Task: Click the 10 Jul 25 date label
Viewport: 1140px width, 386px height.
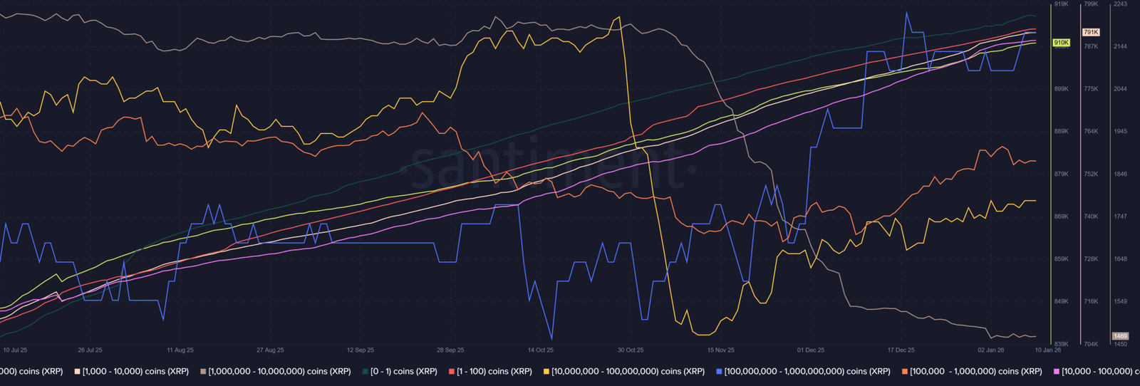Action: coord(15,350)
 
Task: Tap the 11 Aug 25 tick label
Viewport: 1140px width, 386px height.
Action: coord(180,350)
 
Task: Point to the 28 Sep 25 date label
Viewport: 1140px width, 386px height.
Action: coord(450,350)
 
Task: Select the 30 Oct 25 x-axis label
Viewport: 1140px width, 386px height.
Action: coord(631,350)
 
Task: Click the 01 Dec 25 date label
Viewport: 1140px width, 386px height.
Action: coord(811,350)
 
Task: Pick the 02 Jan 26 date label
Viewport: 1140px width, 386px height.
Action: coord(991,350)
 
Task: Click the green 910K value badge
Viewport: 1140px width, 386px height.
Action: coord(1061,43)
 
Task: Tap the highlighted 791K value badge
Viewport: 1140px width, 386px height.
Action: coord(1091,32)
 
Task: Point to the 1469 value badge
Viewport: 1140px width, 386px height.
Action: coord(1120,336)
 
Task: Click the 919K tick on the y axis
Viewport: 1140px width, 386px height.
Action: coord(1061,4)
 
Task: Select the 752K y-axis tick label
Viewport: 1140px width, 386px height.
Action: coord(1091,174)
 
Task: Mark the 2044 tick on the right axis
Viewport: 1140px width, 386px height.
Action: coord(1120,89)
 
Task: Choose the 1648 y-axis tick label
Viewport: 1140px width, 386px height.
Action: coord(1120,259)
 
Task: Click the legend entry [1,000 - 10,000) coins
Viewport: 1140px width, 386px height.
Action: coord(135,372)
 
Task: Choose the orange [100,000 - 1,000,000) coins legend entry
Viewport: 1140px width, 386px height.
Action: coord(975,372)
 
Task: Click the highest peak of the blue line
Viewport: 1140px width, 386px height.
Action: coord(906,13)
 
